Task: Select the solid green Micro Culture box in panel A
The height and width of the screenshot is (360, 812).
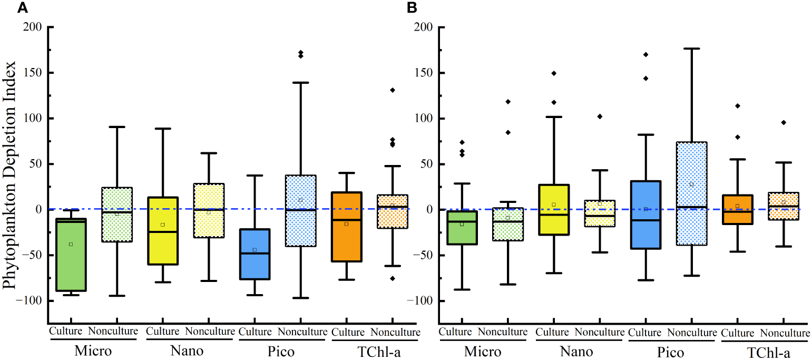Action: point(71,255)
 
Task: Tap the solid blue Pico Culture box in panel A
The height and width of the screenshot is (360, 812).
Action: point(255,254)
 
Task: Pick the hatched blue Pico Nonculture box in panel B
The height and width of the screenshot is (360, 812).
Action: point(691,193)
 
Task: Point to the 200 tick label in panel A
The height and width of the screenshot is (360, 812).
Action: point(33,27)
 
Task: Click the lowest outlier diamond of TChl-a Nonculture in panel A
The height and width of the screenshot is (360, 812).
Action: point(392,278)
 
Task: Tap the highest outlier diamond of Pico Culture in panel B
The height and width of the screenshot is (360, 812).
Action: point(645,54)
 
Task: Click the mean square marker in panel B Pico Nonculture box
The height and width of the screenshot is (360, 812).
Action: point(691,184)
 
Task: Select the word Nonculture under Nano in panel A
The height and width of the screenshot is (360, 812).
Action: point(210,332)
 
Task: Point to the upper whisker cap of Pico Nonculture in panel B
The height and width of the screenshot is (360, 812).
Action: point(691,48)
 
